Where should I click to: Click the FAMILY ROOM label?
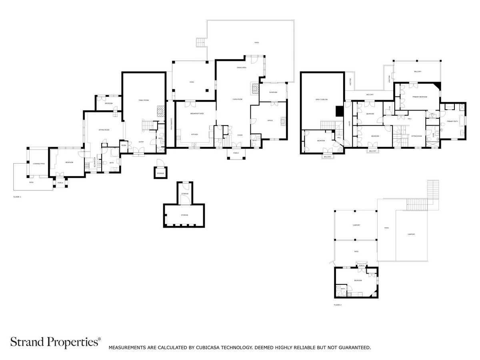coord(144,100)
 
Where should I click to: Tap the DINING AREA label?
coord(241,68)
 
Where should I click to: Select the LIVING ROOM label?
coord(238,99)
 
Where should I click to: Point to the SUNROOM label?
coord(273,92)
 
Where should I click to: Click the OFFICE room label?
coord(270,120)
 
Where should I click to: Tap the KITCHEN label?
coord(194,134)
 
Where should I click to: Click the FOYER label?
coord(240,135)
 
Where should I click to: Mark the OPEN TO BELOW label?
coord(322,99)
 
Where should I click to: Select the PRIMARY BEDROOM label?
coord(420,97)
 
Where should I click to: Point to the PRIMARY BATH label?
coord(453,121)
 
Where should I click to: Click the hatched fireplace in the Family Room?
coord(160,111)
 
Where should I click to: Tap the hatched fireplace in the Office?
coord(284,121)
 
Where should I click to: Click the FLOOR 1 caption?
coord(17,197)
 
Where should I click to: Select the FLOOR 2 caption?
coord(338,305)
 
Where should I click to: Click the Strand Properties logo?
coord(55,342)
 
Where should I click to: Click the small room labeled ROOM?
coord(124,145)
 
